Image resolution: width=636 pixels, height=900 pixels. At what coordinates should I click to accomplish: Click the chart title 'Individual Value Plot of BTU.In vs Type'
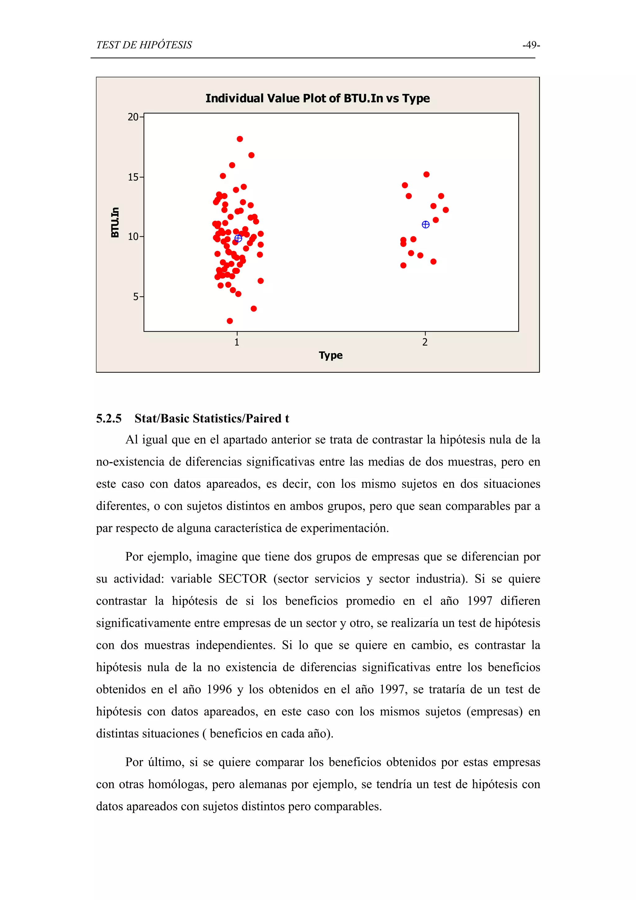pyautogui.click(x=317, y=98)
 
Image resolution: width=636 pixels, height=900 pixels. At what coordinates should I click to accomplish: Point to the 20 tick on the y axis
pyautogui.click(x=133, y=117)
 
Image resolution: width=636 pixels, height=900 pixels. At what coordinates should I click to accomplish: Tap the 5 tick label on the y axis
pyautogui.click(x=136, y=297)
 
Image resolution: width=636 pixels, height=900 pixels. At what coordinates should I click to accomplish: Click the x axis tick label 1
pyautogui.click(x=237, y=342)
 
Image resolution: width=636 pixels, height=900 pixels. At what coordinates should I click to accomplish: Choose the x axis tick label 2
pyautogui.click(x=425, y=342)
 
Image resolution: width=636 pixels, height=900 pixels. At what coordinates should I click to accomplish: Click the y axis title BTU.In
pyautogui.click(x=115, y=222)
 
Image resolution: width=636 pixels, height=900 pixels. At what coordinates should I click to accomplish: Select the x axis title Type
pyautogui.click(x=330, y=355)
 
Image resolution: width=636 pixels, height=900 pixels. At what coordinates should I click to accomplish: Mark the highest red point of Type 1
pyautogui.click(x=240, y=139)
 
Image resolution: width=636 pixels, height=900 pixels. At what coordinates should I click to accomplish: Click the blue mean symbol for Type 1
pyautogui.click(x=238, y=238)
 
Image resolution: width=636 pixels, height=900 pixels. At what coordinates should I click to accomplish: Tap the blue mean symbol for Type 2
pyautogui.click(x=425, y=225)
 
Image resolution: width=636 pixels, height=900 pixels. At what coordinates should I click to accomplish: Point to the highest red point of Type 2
pyautogui.click(x=426, y=175)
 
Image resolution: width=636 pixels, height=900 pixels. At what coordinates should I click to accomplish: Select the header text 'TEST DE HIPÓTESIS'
pyautogui.click(x=144, y=45)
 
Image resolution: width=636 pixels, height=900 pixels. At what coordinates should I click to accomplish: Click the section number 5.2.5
pyautogui.click(x=109, y=419)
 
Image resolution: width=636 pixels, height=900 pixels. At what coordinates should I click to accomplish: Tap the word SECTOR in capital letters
pyautogui.click(x=242, y=579)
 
